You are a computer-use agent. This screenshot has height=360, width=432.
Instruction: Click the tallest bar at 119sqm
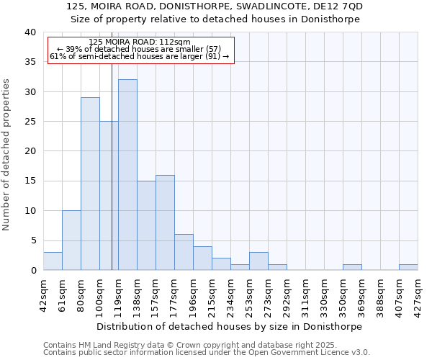click(x=127, y=175)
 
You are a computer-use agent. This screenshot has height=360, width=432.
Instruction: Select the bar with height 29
click(x=90, y=184)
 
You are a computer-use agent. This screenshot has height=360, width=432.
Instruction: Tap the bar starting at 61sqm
click(x=71, y=240)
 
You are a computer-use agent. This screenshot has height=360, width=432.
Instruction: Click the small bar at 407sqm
click(x=408, y=267)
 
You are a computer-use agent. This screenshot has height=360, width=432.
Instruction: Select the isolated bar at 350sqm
click(x=352, y=267)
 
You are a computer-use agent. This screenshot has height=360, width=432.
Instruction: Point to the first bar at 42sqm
click(x=53, y=261)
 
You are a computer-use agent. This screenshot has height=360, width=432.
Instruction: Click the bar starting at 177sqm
click(x=184, y=252)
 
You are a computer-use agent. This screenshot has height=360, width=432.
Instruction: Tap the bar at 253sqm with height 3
click(x=258, y=261)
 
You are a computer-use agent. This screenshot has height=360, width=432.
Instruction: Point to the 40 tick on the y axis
click(x=30, y=32)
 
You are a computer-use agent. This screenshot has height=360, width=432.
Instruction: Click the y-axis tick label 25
click(x=30, y=122)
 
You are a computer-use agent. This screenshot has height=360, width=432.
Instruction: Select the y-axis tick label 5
click(x=33, y=240)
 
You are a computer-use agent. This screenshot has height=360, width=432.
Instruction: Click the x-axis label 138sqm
click(x=137, y=293)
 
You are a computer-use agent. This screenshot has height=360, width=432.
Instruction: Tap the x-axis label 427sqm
click(x=418, y=293)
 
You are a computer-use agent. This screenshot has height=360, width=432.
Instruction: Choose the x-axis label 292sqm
click(x=287, y=293)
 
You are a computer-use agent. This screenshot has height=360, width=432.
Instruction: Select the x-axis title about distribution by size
click(x=229, y=326)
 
